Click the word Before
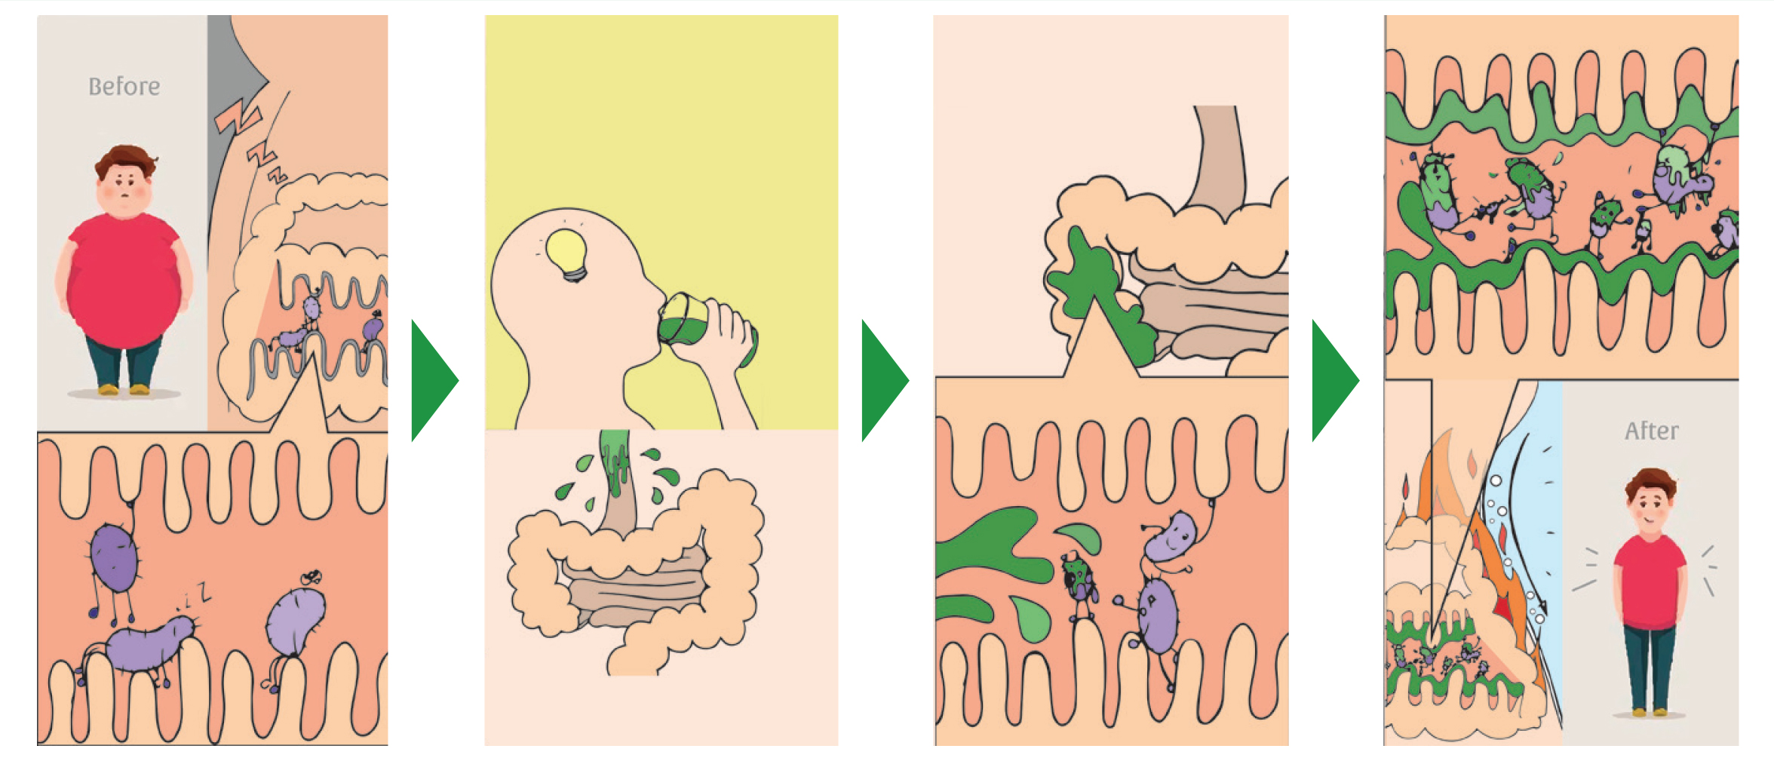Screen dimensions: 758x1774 [x=124, y=87]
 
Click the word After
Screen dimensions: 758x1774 [x=1651, y=431]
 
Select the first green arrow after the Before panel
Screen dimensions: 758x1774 [x=434, y=381]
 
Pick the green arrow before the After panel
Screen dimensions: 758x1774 [x=1334, y=381]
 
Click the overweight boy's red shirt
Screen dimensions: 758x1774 [x=123, y=279]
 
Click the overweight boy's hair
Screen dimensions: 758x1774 [x=126, y=160]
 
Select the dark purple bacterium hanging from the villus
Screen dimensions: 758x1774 [x=115, y=558]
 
